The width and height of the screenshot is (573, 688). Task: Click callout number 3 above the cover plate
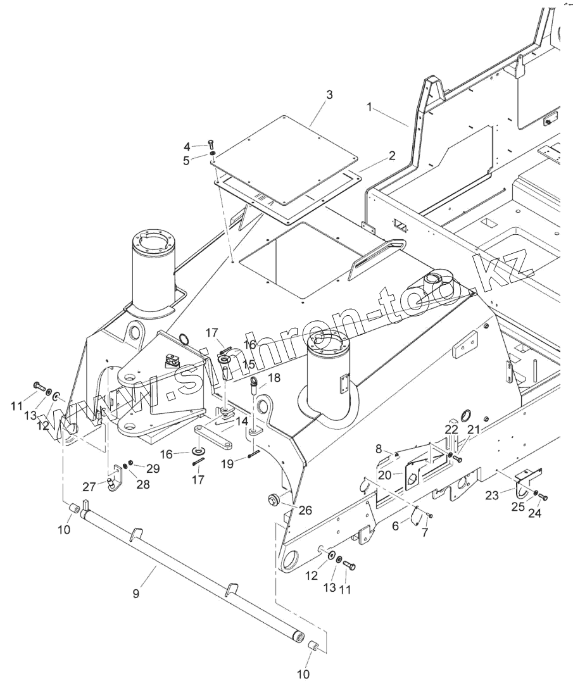[x=329, y=94]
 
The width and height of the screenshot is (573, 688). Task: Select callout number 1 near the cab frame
[x=370, y=106]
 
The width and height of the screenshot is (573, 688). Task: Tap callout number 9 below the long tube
[x=135, y=594]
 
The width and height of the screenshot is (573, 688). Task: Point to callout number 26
[x=306, y=510]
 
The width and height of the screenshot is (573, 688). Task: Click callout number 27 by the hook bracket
[x=89, y=487]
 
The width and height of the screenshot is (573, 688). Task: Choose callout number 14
[x=241, y=422]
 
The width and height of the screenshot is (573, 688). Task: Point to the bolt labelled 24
[x=543, y=497]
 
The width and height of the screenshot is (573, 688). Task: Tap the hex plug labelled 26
[x=273, y=499]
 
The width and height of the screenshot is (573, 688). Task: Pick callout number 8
[x=379, y=448]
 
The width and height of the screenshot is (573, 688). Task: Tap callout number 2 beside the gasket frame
[x=392, y=155]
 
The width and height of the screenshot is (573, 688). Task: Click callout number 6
[x=396, y=525]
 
